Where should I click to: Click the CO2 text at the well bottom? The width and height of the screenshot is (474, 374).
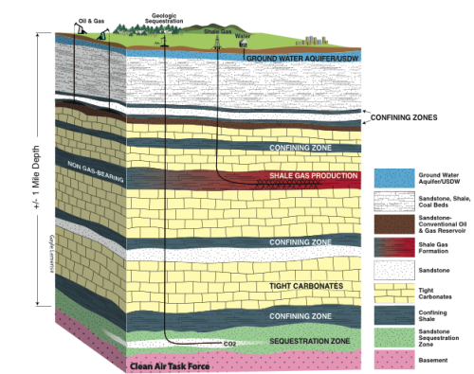(x=228, y=343)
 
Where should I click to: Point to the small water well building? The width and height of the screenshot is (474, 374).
(x=243, y=44)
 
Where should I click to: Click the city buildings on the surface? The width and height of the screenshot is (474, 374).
(x=309, y=41)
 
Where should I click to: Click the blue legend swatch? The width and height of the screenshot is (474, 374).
(x=390, y=178)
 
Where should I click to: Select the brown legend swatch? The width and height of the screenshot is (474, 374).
(x=390, y=223)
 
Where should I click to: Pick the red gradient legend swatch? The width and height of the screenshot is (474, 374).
(x=390, y=246)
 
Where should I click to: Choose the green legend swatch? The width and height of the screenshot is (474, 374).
(x=390, y=336)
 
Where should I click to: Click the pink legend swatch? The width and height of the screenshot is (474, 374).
(x=390, y=360)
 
